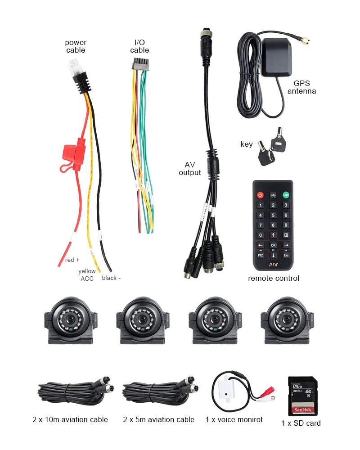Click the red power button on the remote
260,195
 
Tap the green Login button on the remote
285,195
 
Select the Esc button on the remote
285,255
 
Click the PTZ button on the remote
260,255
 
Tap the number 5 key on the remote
273,215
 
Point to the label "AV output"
189,169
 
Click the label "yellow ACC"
87,275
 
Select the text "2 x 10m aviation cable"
70,419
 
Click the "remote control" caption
274,278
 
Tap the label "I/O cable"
139,46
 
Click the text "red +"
72,260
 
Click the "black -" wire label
111,278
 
